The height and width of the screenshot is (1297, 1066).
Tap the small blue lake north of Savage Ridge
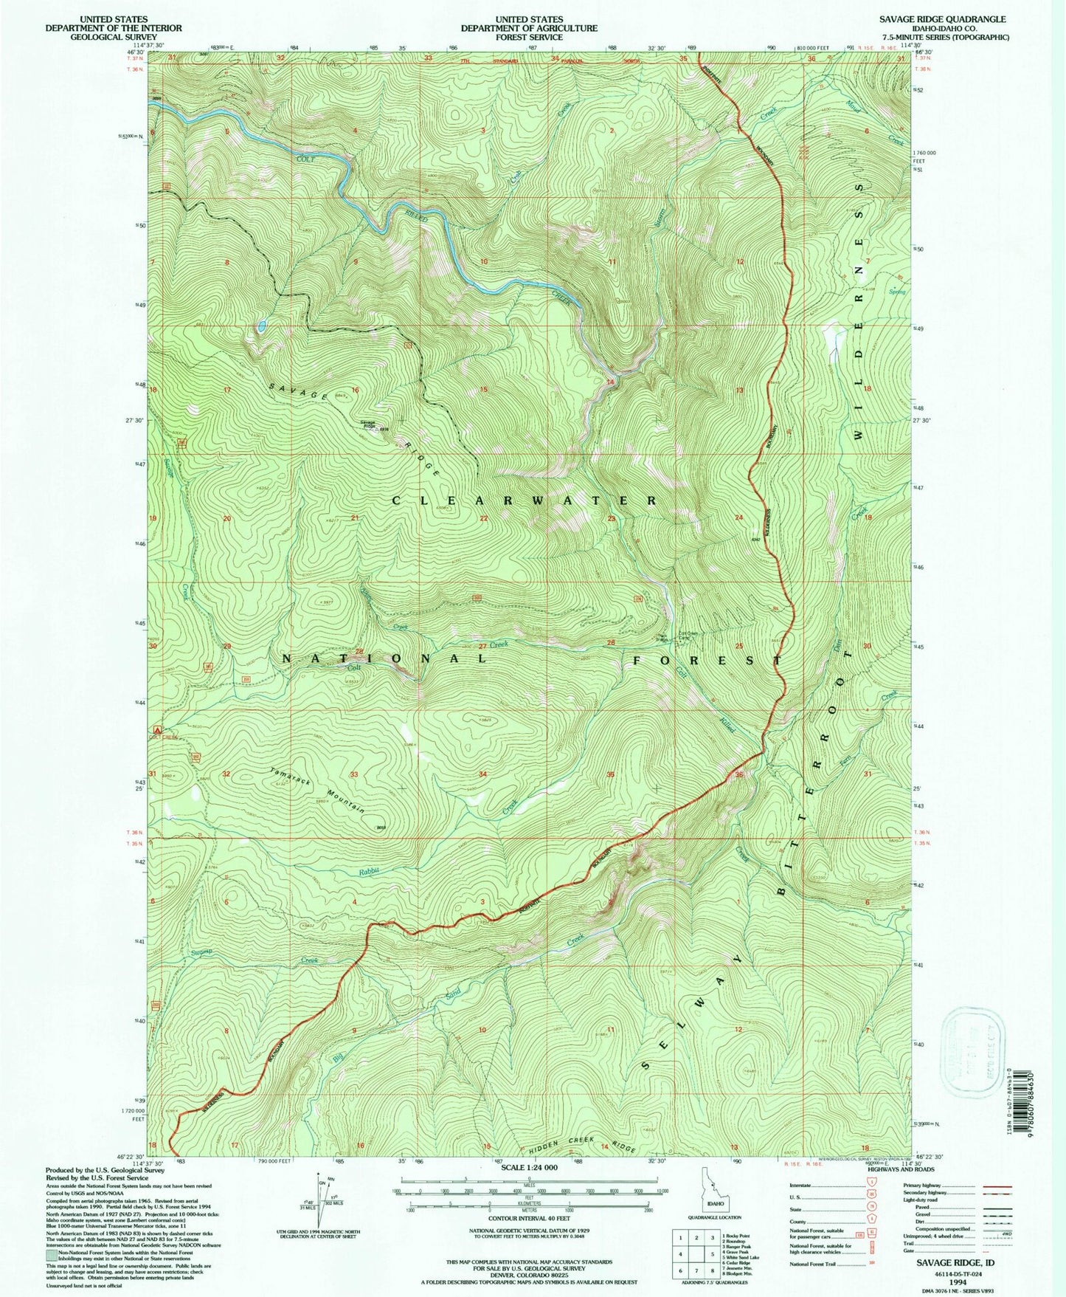coord(262,325)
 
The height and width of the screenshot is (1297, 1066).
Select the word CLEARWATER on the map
coord(525,500)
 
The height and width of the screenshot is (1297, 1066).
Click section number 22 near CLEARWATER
coord(484,518)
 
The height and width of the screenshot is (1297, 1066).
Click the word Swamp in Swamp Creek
coord(201,952)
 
